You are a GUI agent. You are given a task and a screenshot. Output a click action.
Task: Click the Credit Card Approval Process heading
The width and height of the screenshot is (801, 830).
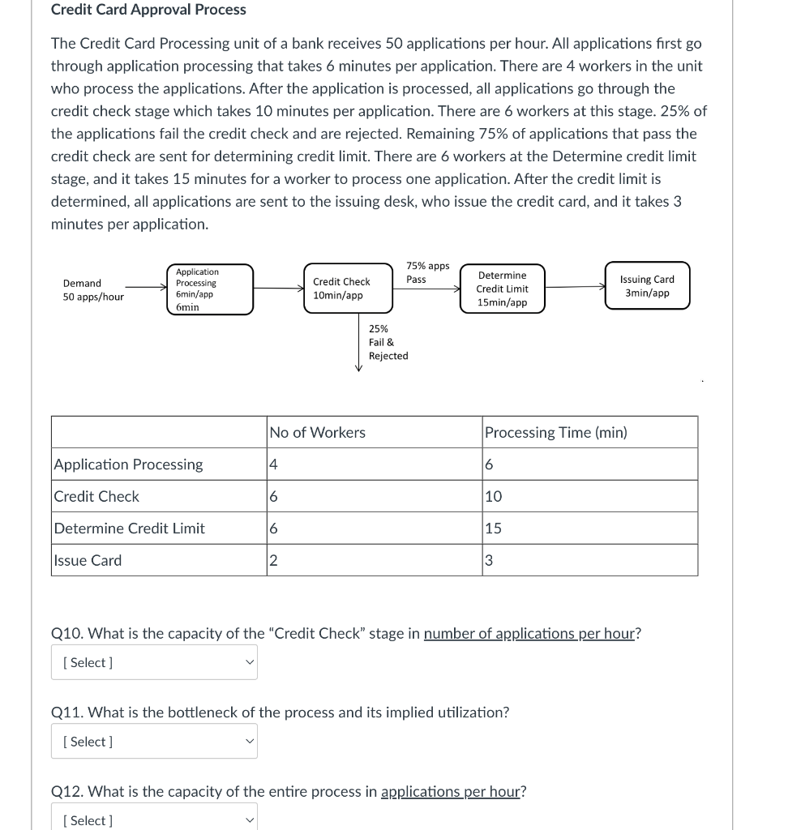pos(148,10)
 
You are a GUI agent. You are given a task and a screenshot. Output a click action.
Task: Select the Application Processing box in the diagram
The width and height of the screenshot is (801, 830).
pos(210,289)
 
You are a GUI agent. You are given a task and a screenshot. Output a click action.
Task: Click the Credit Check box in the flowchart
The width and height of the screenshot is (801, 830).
pos(348,289)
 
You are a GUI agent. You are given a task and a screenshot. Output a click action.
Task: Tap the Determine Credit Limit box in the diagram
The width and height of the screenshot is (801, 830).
pos(502,289)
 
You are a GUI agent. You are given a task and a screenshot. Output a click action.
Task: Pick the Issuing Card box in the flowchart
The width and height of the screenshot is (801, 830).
pos(647,285)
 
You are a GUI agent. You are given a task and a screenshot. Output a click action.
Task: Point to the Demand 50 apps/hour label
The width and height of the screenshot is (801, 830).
pos(93,290)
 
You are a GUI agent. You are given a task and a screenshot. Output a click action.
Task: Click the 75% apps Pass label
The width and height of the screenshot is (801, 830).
pos(427,272)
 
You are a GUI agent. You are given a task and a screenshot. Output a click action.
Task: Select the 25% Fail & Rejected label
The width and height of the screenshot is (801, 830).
pos(388,342)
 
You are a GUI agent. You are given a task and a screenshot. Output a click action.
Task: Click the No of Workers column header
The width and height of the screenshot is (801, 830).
pos(317,433)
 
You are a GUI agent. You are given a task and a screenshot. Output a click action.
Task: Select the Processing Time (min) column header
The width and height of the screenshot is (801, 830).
pos(555,433)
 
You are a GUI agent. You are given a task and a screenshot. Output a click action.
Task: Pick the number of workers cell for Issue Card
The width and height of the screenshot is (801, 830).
pos(374,560)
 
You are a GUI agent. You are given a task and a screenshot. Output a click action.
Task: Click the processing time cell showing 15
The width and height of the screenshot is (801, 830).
pos(589,528)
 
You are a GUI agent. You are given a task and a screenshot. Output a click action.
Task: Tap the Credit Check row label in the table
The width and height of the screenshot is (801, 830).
pos(96,496)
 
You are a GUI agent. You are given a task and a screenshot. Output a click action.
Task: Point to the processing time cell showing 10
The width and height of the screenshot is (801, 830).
pos(589,496)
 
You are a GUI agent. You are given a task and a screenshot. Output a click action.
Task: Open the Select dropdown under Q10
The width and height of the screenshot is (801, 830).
pos(154,662)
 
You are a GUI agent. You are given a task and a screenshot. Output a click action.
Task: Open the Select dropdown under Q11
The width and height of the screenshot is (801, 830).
pos(154,742)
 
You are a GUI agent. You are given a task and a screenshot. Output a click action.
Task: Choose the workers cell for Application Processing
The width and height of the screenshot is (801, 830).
pos(374,464)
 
